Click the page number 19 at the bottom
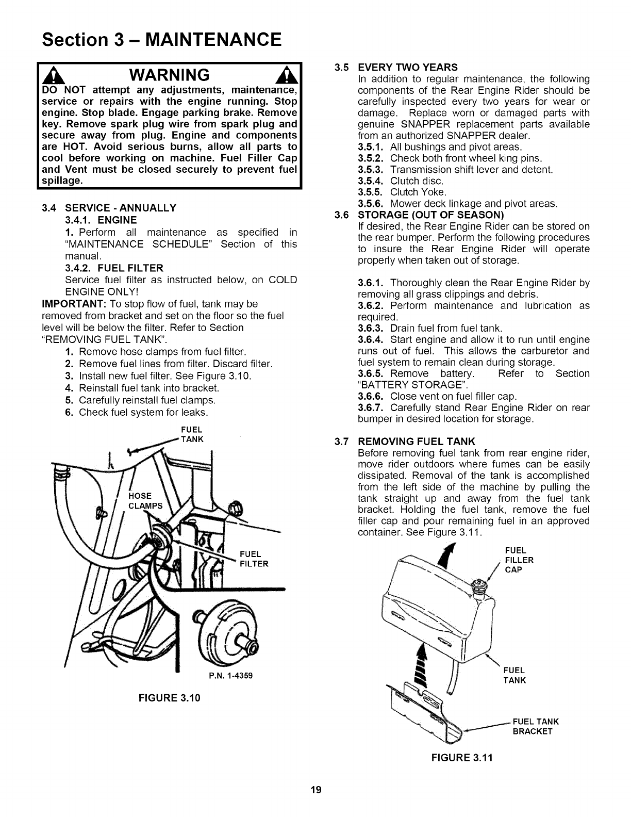[316, 790]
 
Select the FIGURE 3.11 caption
[462, 758]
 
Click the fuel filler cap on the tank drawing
[481, 585]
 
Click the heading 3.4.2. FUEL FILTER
[114, 268]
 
